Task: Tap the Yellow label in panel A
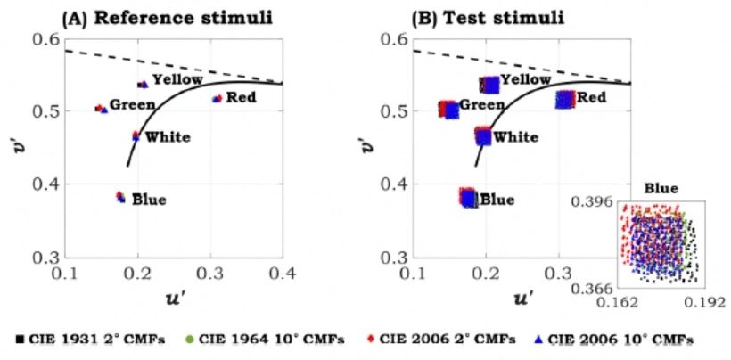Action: point(178,80)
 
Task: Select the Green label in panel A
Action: point(133,105)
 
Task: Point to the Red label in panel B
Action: point(591,97)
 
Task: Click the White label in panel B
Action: point(515,137)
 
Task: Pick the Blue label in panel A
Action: point(149,200)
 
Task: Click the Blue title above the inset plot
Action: point(661,189)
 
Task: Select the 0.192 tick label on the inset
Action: point(703,303)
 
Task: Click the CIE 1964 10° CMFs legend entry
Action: point(267,339)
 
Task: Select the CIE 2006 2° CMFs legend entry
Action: point(442,339)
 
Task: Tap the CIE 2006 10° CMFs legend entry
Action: point(616,339)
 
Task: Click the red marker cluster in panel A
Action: point(217,99)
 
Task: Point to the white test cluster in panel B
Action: point(483,135)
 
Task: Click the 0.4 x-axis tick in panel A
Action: point(283,274)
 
